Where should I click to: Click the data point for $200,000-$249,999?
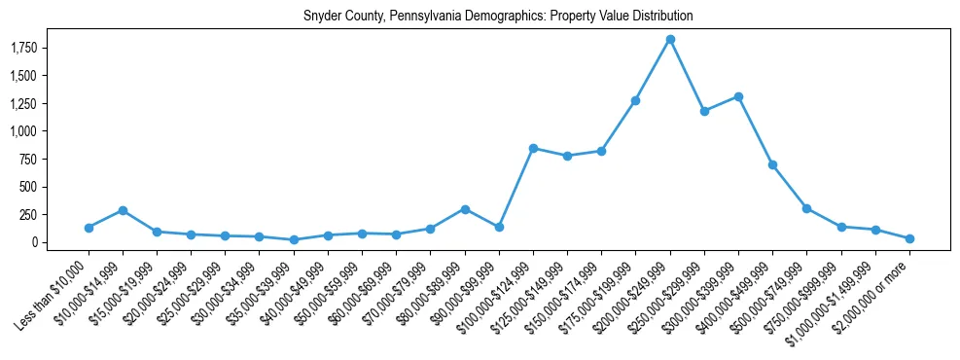pos(670,39)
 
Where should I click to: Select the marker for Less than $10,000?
pos(89,228)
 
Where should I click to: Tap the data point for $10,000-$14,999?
pos(123,210)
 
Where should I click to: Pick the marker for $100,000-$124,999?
pos(533,148)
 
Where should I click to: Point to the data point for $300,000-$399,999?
pos(738,96)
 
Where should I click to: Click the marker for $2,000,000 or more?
pos(909,238)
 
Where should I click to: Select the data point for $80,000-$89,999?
pos(465,209)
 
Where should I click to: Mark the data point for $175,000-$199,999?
pos(635,100)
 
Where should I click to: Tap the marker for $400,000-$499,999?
pos(772,164)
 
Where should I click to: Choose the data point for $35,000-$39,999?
pos(294,239)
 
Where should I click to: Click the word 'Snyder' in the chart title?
pos(321,17)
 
